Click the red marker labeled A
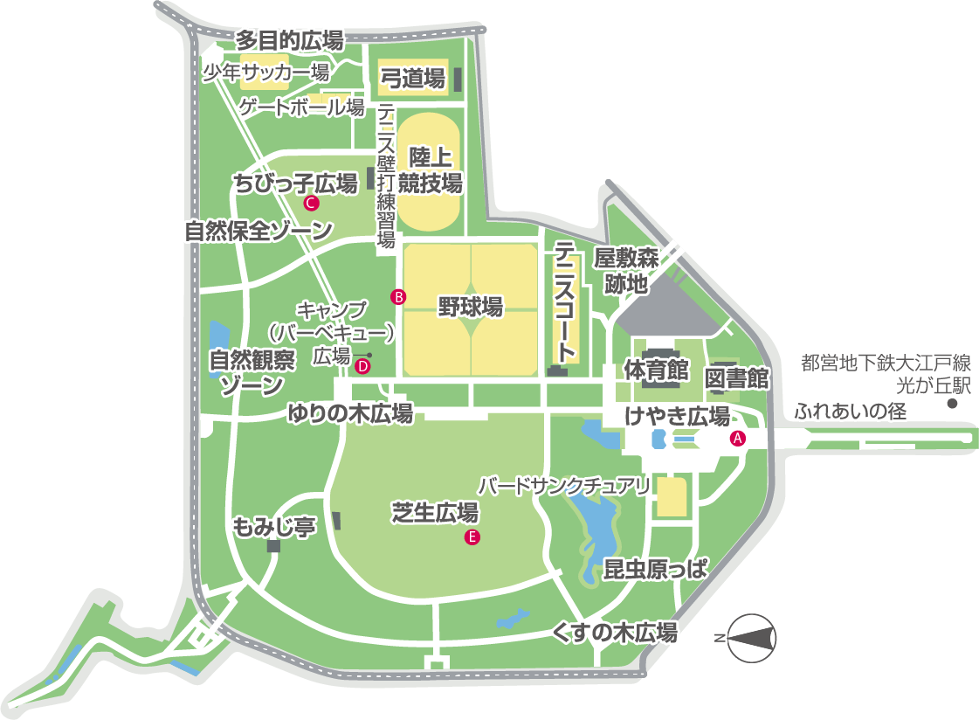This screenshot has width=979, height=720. pos(737,439)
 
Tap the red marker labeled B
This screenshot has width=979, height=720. pos(398,297)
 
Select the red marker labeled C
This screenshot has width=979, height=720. pos(310,204)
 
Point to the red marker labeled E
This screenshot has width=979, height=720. pos(472,537)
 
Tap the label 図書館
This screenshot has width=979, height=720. pos(735,378)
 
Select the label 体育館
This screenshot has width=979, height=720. pos(656,370)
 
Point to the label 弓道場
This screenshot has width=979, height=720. pos(413,79)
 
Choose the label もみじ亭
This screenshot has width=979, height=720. pos(273,527)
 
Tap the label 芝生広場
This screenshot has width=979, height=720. pos(433,513)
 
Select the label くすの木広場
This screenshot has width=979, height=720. pos(615,633)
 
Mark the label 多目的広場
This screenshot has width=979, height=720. pos(290,39)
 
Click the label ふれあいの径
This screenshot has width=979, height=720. pos(851,410)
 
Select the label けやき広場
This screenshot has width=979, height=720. pos(677,415)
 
